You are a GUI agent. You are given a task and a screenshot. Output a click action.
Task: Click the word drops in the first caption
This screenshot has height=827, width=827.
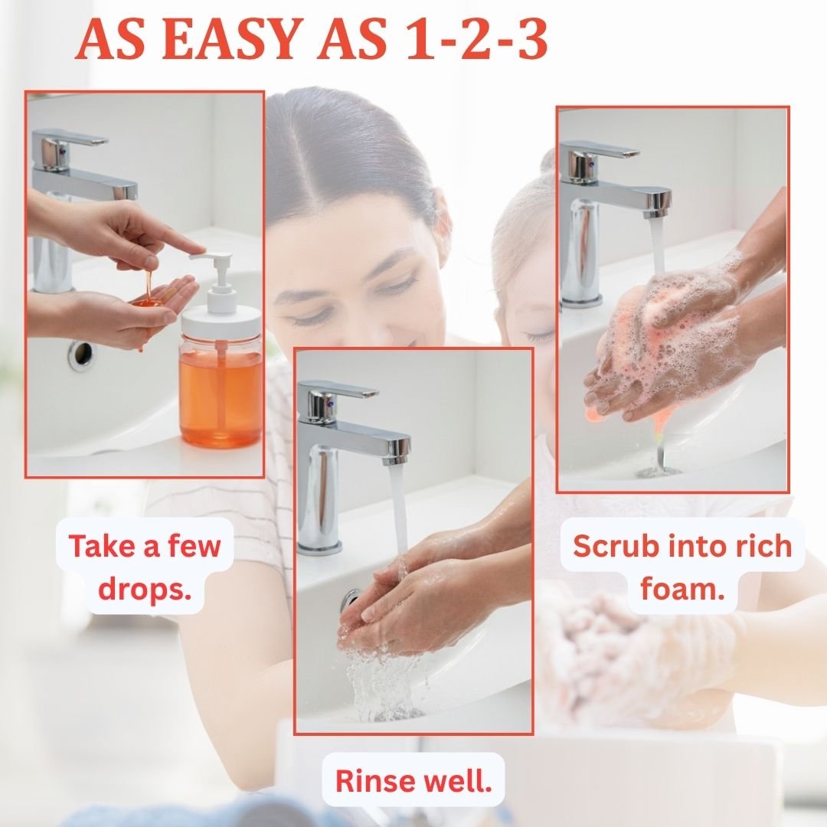145,589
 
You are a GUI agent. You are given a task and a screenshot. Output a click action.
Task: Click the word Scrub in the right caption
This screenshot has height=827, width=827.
613,545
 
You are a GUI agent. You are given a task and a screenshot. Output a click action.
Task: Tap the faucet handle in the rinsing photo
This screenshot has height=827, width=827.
338,392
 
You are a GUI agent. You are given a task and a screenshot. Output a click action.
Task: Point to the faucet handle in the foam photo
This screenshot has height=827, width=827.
599,152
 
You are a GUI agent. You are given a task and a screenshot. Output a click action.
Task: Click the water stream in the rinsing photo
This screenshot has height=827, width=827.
399,517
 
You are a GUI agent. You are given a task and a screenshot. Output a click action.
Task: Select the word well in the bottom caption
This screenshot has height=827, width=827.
459,780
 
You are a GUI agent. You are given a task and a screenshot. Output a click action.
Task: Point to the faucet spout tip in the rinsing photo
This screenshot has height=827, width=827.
397,460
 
